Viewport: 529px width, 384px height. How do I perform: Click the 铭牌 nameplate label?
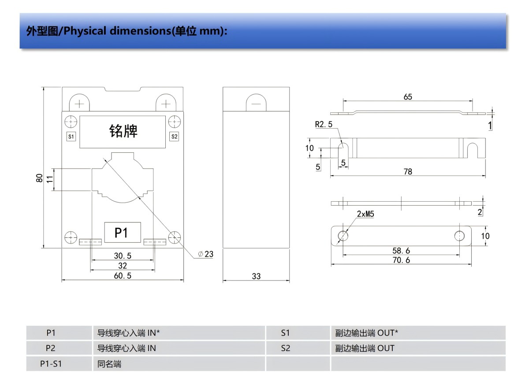[x=123, y=131]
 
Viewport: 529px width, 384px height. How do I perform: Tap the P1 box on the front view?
[x=122, y=232]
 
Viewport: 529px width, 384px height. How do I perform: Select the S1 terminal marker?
[x=71, y=136]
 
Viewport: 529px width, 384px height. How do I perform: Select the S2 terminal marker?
[x=174, y=136]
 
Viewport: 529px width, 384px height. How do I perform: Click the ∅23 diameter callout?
[x=206, y=254]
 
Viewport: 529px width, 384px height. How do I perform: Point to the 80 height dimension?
[x=40, y=178]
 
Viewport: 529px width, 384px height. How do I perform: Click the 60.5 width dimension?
[x=123, y=276]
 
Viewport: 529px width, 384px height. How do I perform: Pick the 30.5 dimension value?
[x=123, y=255]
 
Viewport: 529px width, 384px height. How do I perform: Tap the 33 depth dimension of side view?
[x=256, y=276]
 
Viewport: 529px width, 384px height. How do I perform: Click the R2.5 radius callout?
[x=324, y=125]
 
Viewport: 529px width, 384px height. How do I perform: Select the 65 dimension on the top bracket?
[x=408, y=96]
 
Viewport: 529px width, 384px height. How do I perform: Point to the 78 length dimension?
[x=408, y=171]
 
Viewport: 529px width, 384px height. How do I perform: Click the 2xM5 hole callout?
[x=365, y=214]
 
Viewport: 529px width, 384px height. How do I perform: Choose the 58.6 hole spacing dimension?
[x=401, y=251]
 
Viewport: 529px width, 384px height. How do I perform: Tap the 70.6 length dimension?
[x=401, y=260]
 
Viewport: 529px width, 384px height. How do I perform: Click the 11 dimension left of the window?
[x=49, y=179]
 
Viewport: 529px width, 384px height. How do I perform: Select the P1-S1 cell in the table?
[x=51, y=364]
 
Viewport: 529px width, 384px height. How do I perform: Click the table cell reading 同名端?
[x=109, y=364]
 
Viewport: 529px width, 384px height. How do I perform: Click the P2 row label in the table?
[x=51, y=348]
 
